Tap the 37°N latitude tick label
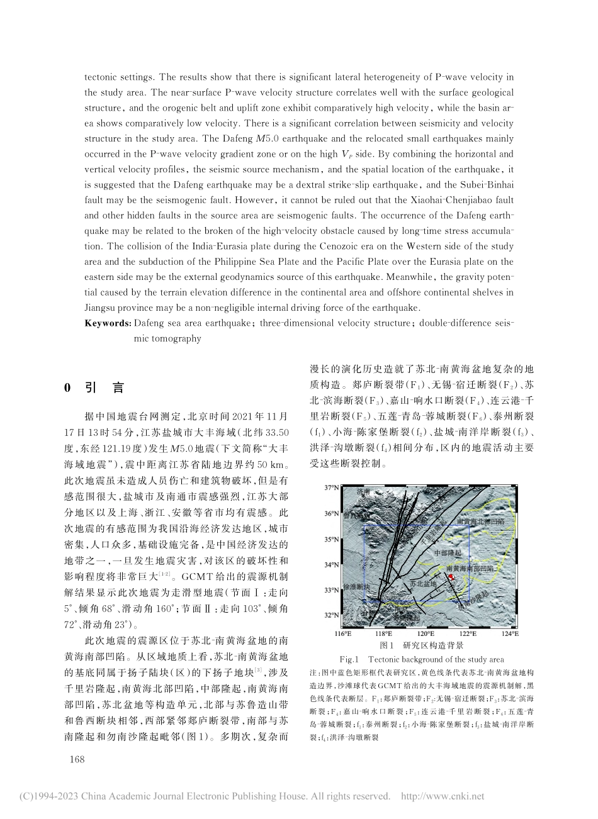331,487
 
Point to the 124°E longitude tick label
511,634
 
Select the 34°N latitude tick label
331,565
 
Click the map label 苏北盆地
422,584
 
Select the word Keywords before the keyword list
108,323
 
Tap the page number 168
77,759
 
